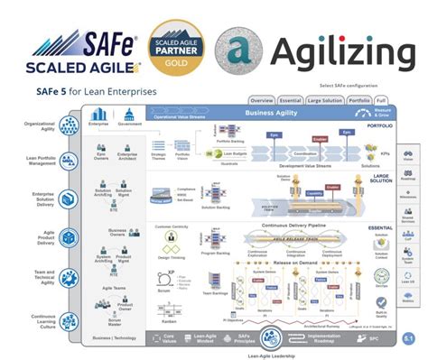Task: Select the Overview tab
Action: click(262, 99)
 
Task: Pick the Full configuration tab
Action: click(382, 99)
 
